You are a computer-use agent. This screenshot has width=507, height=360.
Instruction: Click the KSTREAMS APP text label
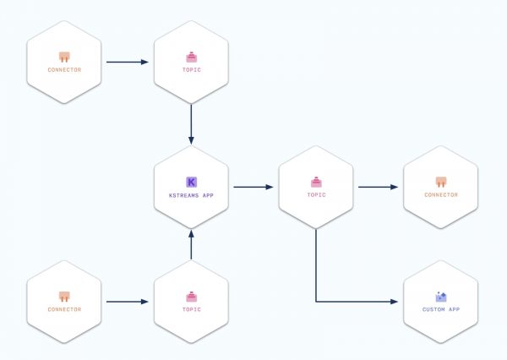click(x=191, y=195)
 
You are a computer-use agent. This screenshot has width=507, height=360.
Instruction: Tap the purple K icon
click(x=192, y=182)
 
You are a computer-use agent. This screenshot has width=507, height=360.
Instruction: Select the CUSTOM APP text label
click(x=441, y=309)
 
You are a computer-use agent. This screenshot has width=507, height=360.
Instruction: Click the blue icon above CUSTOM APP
click(x=441, y=297)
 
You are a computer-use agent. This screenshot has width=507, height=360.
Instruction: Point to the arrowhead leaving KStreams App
click(x=270, y=187)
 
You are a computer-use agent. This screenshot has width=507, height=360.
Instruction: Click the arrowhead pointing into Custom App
click(x=394, y=302)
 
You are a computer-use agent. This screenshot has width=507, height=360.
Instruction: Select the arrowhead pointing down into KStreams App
click(x=191, y=140)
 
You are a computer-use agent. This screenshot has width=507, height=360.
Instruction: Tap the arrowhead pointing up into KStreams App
click(x=191, y=234)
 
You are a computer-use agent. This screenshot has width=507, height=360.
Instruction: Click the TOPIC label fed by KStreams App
click(x=316, y=194)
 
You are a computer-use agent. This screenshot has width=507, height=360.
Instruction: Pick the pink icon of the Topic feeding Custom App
click(x=316, y=182)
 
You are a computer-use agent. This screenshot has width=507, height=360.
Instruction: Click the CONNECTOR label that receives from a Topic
click(x=441, y=194)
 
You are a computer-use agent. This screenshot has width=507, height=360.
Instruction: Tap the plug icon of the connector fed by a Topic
click(x=441, y=182)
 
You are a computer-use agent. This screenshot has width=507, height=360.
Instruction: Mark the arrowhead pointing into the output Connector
click(x=394, y=187)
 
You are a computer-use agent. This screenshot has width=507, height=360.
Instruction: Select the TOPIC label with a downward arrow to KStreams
click(x=192, y=69)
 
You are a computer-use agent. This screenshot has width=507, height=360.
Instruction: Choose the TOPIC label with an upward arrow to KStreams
click(x=192, y=309)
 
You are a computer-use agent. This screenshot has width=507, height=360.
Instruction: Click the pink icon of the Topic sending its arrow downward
click(x=192, y=57)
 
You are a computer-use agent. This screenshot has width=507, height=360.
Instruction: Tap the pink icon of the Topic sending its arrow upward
click(x=192, y=297)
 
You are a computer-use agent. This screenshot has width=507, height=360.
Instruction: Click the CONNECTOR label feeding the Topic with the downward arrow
click(x=64, y=69)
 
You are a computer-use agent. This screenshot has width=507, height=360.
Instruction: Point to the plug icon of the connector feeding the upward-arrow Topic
click(x=64, y=297)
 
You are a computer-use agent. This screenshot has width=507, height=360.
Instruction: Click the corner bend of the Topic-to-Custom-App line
click(x=316, y=302)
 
